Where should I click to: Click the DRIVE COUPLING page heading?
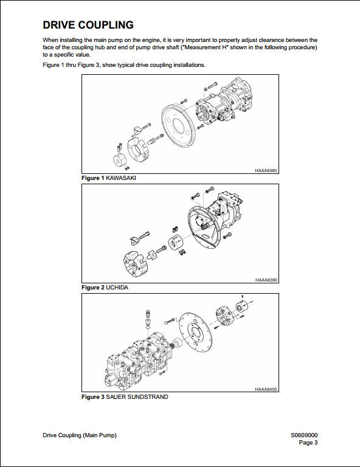tap(88, 25)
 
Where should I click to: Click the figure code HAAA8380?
tap(266, 171)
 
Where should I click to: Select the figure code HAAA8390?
tap(266, 280)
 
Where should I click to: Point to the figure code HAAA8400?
tap(266, 389)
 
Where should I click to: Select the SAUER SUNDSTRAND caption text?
tap(137, 397)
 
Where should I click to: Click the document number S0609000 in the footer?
tap(304, 435)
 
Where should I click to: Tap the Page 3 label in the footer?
tap(308, 443)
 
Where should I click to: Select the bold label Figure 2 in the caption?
tap(93, 287)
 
